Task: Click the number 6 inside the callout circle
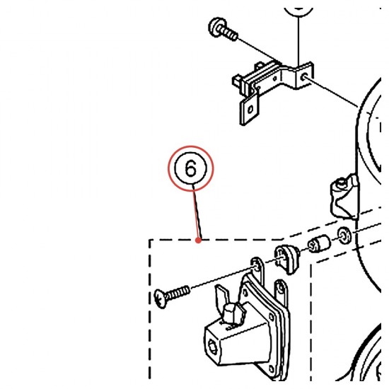pyautogui.click(x=190, y=168)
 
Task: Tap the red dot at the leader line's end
pyautogui.click(x=198, y=240)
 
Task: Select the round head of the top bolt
pyautogui.click(x=215, y=27)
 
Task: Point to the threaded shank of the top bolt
pyautogui.click(x=230, y=34)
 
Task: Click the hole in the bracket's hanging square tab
pyautogui.click(x=250, y=109)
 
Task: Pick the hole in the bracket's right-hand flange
pyautogui.click(x=304, y=76)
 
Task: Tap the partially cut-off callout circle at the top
pyautogui.click(x=298, y=12)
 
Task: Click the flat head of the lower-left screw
pyautogui.click(x=161, y=299)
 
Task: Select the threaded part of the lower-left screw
pyautogui.click(x=178, y=293)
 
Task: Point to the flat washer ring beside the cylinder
pyautogui.click(x=344, y=236)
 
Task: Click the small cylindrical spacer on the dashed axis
pyautogui.click(x=319, y=243)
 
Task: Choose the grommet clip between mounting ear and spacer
pyautogui.click(x=286, y=259)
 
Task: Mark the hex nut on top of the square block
pyautogui.click(x=231, y=315)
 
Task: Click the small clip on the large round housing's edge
pyautogui.click(x=344, y=197)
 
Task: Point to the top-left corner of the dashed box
pyautogui.click(x=150, y=240)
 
